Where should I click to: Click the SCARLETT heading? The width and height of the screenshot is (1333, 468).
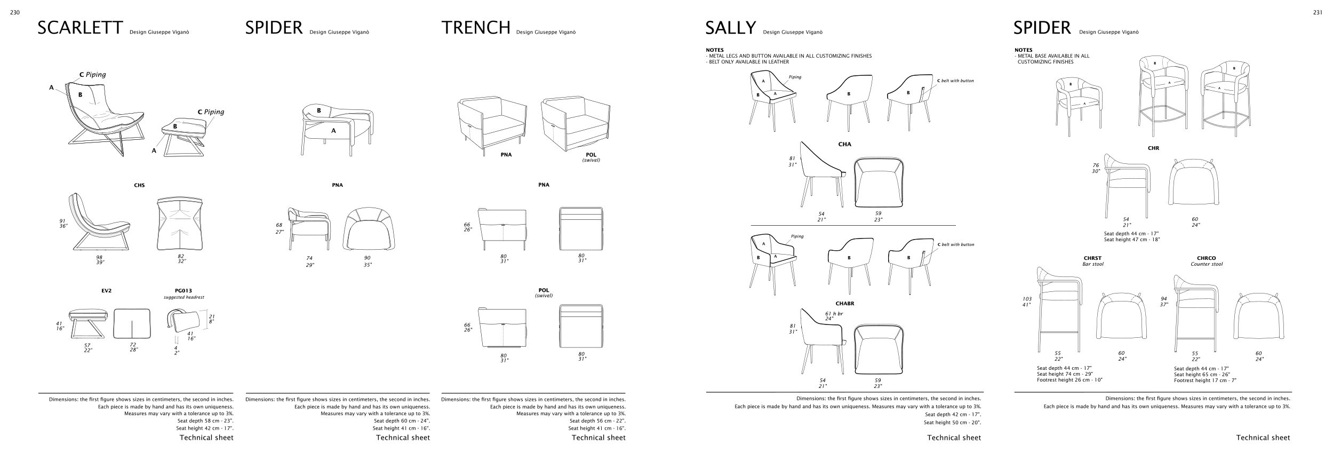tap(80, 28)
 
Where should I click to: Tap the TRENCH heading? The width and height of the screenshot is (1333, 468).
tap(476, 28)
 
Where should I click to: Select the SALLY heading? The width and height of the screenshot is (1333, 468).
tap(730, 28)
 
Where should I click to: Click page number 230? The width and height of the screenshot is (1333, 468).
tap(15, 13)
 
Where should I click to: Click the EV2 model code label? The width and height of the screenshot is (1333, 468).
tap(106, 291)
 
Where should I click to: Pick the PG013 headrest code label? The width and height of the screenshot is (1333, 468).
tap(183, 291)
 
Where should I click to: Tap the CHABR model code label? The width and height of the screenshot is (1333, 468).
tap(845, 304)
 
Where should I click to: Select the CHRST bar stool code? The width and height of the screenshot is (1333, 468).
tap(1092, 258)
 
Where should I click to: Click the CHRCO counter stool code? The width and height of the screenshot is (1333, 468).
tap(1207, 258)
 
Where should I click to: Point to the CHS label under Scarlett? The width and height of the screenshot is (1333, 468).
tap(139, 186)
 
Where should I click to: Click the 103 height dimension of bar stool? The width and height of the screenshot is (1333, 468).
tap(1027, 299)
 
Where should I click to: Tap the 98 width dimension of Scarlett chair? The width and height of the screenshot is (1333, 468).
tap(99, 257)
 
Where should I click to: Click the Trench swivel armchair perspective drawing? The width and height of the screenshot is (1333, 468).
tap(576, 123)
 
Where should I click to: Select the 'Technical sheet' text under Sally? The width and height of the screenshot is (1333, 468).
tap(954, 438)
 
